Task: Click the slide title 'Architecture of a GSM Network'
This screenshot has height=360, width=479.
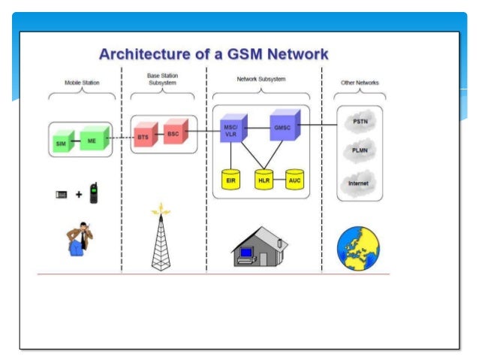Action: [x=214, y=54]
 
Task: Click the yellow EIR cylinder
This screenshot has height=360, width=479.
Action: [x=230, y=180]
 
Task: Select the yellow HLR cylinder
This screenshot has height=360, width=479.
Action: [x=264, y=180]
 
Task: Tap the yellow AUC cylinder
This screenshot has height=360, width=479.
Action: [x=295, y=180]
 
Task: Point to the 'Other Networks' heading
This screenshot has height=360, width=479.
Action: [x=360, y=83]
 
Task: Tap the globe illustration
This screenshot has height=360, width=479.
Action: [x=358, y=248]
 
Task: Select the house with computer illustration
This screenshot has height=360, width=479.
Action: [x=260, y=247]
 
